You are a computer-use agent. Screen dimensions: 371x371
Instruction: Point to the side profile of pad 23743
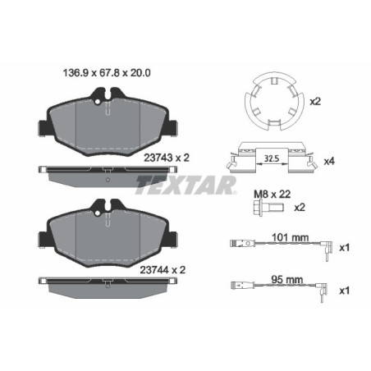click(109, 172)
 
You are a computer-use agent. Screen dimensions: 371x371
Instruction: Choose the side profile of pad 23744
click(109, 282)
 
